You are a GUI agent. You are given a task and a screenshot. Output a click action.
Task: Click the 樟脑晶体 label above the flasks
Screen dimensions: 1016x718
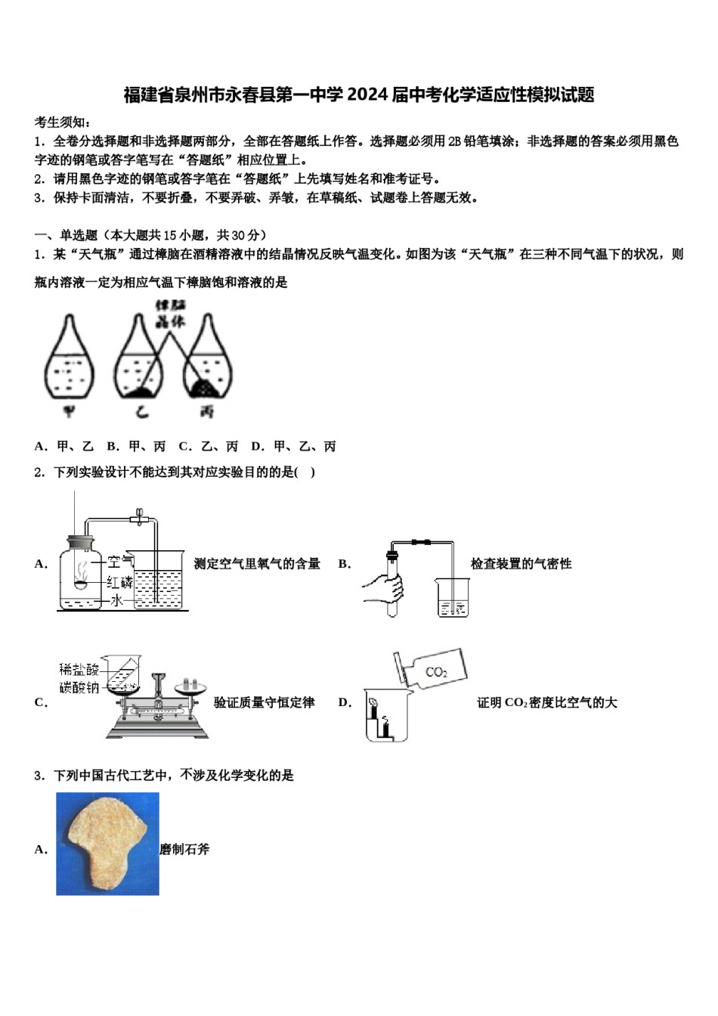pyautogui.click(x=170, y=313)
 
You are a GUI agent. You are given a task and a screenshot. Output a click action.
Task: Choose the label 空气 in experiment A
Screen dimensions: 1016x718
pyautogui.click(x=119, y=562)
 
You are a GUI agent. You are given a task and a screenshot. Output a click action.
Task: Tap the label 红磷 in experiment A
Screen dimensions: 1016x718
pyautogui.click(x=119, y=581)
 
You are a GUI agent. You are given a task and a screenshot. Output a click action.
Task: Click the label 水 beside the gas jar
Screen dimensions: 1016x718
pyautogui.click(x=116, y=600)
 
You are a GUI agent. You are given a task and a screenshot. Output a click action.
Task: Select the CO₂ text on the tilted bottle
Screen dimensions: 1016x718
pyautogui.click(x=436, y=671)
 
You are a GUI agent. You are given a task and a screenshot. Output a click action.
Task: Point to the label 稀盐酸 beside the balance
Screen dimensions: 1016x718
pyautogui.click(x=79, y=669)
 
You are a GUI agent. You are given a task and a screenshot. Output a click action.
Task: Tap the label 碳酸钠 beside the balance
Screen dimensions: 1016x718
pyautogui.click(x=79, y=687)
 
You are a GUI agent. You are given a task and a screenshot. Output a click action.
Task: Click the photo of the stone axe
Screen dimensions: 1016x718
pyautogui.click(x=107, y=844)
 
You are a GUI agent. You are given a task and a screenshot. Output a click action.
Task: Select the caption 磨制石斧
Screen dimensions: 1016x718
pyautogui.click(x=184, y=849)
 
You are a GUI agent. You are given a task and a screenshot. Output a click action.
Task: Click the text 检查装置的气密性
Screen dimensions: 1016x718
pyautogui.click(x=521, y=563)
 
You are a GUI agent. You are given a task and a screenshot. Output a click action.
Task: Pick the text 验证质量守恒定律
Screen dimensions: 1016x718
pyautogui.click(x=264, y=702)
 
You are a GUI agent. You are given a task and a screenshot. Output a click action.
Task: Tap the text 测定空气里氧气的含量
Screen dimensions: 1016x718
pyautogui.click(x=257, y=563)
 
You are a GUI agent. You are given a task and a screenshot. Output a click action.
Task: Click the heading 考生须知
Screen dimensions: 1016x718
pyautogui.click(x=63, y=122)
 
